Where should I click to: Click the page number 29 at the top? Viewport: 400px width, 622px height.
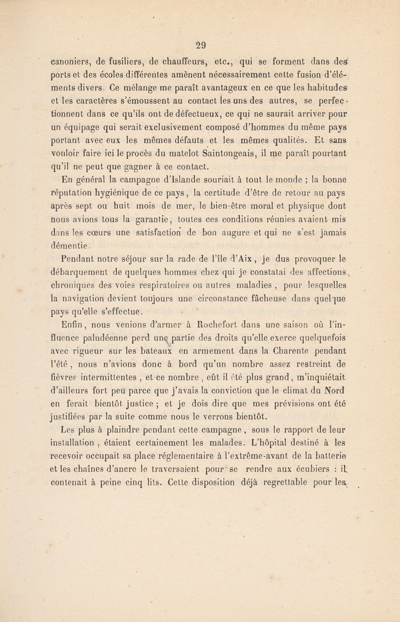[202, 43]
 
